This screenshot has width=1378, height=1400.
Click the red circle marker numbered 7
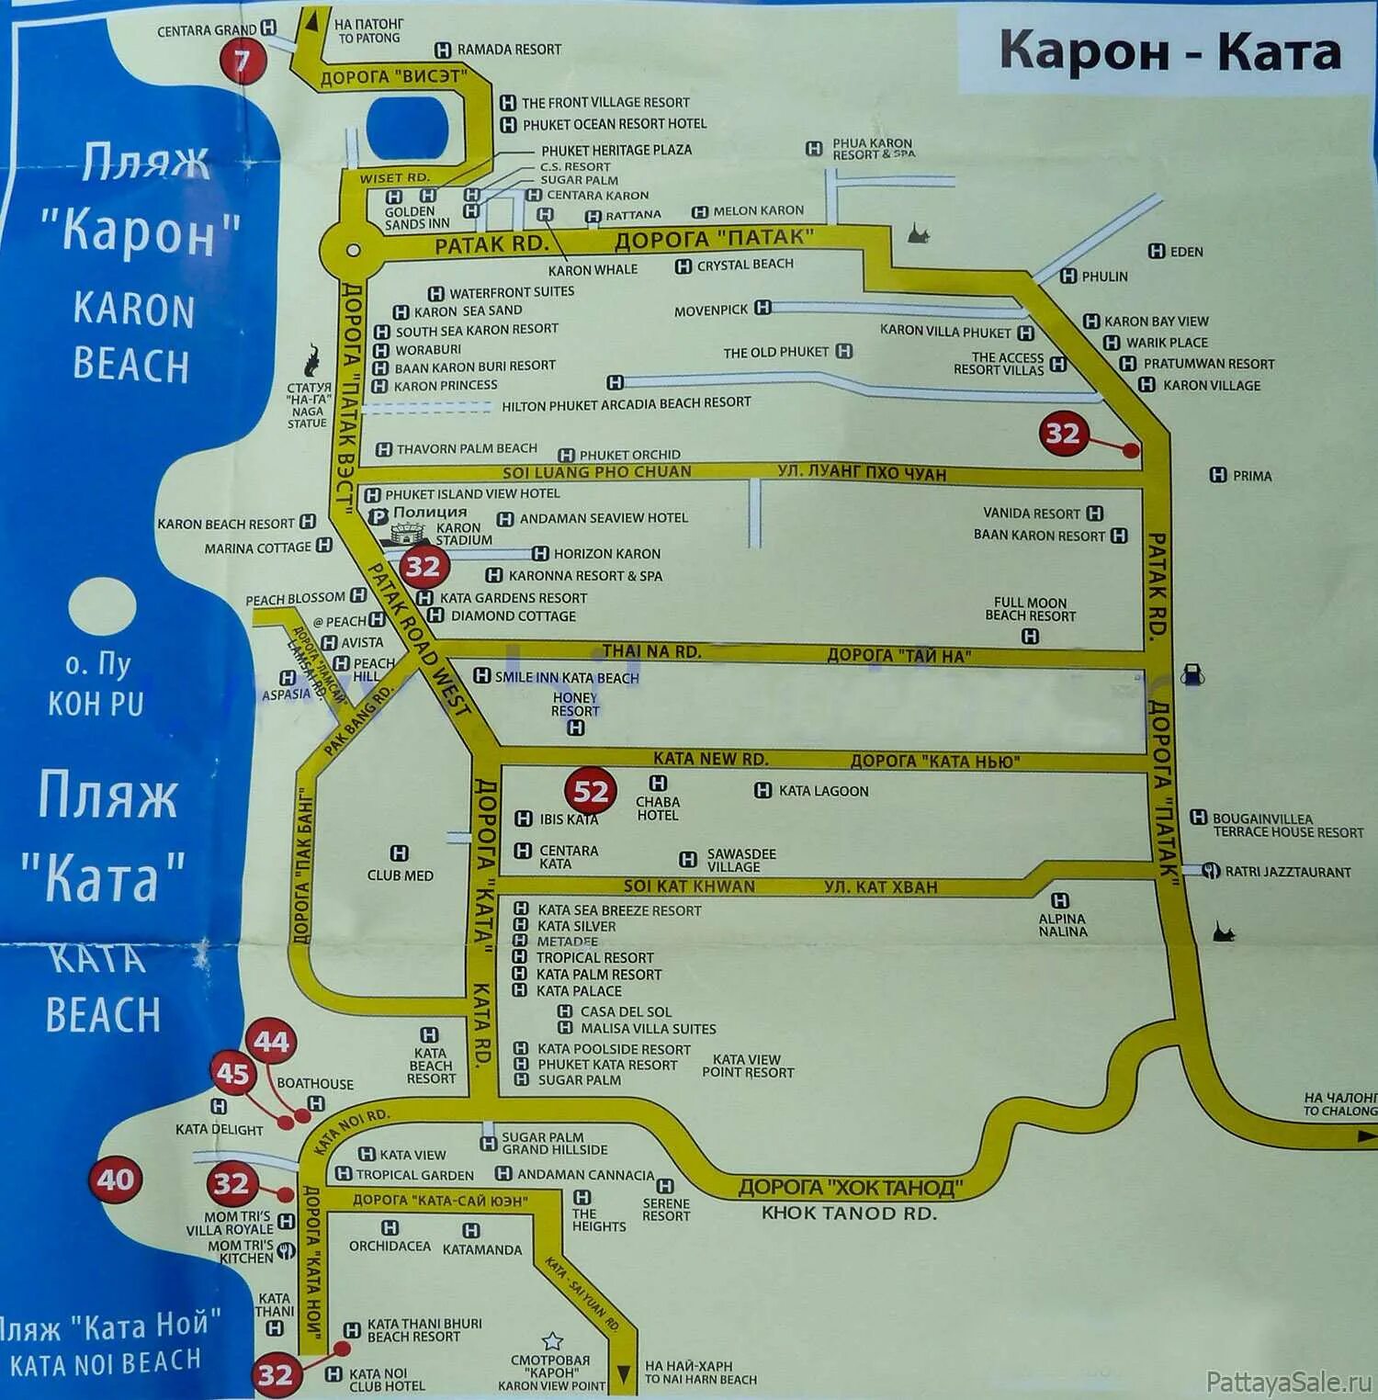coord(242,61)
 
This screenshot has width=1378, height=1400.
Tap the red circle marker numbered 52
coord(590,792)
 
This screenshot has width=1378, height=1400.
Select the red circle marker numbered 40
coord(116,1180)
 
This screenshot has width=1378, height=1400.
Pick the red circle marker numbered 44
coord(271,1042)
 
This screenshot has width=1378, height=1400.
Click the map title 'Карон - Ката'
coord(1169,51)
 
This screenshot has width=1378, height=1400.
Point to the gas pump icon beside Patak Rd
coord(1192,673)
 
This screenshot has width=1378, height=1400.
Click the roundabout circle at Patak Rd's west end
coord(353,249)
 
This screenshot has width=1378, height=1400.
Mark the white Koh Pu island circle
coord(102,606)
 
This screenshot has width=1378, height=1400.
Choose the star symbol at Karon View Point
coord(552,1341)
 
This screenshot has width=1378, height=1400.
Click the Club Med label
coord(400,875)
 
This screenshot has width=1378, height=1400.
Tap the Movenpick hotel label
coord(711,310)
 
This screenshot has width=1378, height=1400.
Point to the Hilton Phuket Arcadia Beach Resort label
coord(626,403)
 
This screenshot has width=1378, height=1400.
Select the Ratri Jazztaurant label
coord(1287,872)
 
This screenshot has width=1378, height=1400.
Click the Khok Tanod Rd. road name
coord(848,1213)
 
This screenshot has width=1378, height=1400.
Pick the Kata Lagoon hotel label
coord(823,791)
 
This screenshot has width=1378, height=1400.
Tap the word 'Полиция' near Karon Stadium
coord(430,513)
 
